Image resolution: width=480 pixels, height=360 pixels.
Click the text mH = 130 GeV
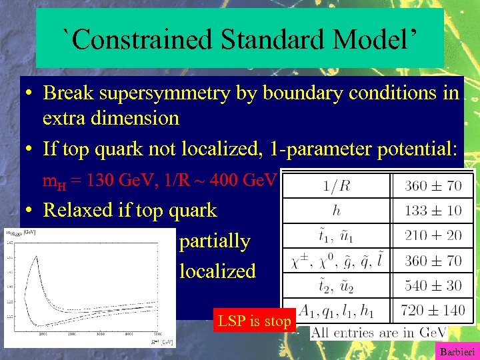click(x=87, y=180)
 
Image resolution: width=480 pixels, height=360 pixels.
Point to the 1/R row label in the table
click(x=337, y=185)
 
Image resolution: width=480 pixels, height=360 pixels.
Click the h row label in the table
click(x=337, y=210)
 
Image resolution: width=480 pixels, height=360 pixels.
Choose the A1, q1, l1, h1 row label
click(x=337, y=311)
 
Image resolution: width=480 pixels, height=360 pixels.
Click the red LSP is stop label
click(x=254, y=321)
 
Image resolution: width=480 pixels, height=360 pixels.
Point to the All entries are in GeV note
click(x=379, y=333)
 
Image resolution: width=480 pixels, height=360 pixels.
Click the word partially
click(x=215, y=241)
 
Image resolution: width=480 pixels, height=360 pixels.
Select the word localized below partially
click(x=217, y=271)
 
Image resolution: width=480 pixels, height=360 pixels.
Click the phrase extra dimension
click(x=111, y=119)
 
